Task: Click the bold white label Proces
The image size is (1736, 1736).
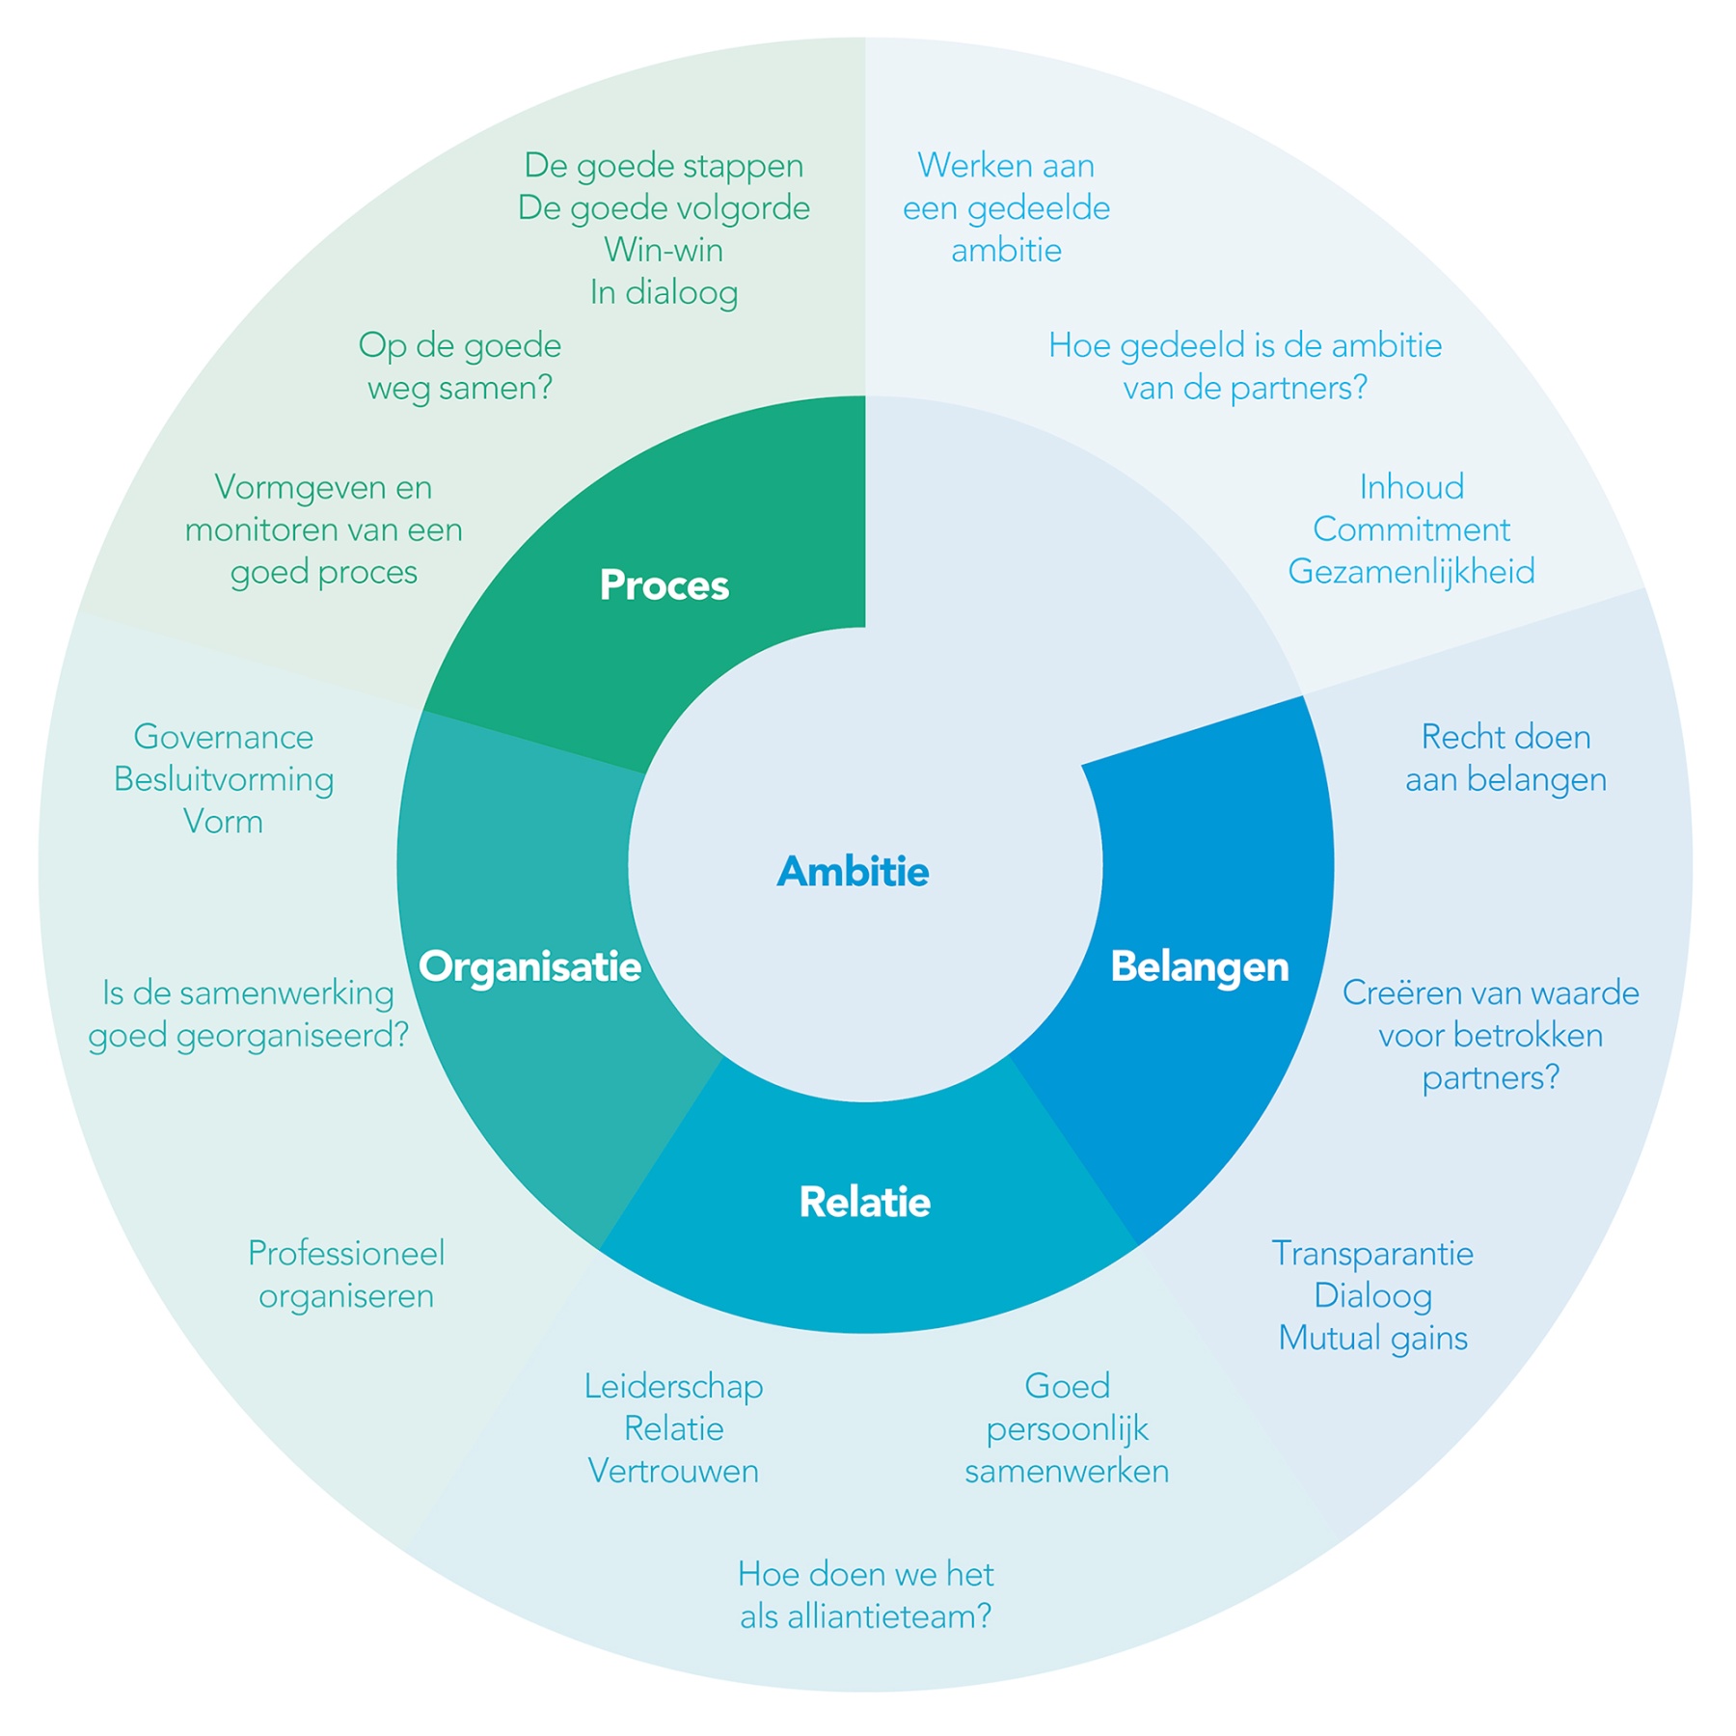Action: tap(664, 585)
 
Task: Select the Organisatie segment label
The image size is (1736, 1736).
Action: tap(529, 966)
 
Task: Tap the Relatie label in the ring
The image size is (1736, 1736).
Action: tap(864, 1202)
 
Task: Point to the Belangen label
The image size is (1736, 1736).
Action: tap(1199, 966)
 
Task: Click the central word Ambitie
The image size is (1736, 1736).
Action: tap(853, 872)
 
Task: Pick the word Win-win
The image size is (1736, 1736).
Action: tap(664, 251)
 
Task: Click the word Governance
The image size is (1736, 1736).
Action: tap(223, 737)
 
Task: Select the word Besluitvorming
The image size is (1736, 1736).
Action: tap(223, 779)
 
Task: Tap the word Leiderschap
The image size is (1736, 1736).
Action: tap(673, 1386)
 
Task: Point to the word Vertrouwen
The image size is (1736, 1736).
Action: tap(673, 1471)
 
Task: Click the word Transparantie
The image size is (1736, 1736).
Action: tap(1372, 1253)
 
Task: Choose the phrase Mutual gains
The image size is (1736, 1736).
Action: tap(1372, 1339)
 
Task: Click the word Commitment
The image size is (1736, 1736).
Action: tap(1411, 529)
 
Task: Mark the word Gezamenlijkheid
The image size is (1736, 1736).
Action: tap(1411, 572)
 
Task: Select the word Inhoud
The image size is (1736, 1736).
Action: tap(1411, 487)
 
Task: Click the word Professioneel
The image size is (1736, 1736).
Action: tap(346, 1253)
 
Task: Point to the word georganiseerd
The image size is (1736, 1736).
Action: tap(291, 1036)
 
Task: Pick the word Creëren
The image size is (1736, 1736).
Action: tap(1398, 992)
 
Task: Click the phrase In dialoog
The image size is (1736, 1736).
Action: tap(664, 293)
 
